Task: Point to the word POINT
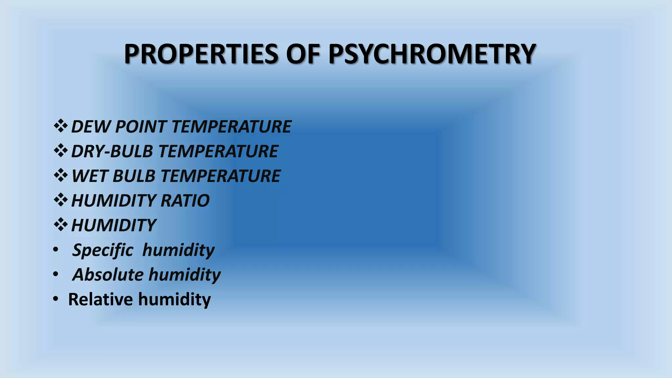point(141,127)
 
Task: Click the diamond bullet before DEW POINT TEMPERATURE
point(60,126)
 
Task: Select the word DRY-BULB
point(112,151)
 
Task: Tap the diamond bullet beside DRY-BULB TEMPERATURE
point(60,151)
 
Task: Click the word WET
point(89,176)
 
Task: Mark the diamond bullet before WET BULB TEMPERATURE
point(60,175)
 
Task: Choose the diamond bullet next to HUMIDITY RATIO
point(60,200)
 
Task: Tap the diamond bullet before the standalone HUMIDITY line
point(60,225)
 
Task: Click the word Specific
point(103,250)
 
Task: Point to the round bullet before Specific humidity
point(55,250)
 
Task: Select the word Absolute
point(108,275)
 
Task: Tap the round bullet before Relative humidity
point(55,299)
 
